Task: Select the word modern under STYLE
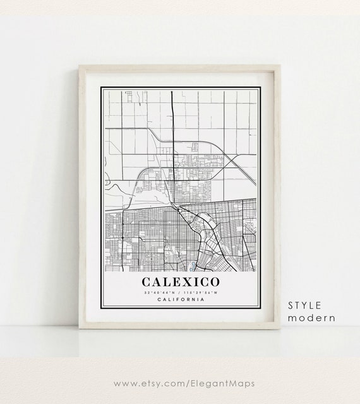311,318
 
